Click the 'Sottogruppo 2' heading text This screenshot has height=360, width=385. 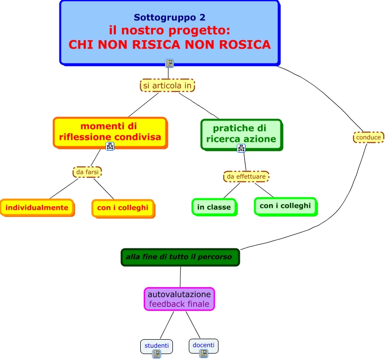click(169, 17)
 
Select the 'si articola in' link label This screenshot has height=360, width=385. click(167, 85)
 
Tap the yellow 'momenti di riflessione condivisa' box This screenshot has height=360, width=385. click(110, 133)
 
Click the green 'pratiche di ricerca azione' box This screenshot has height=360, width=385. click(242, 135)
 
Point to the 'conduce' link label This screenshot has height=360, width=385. click(368, 137)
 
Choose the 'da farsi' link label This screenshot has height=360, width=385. click(87, 172)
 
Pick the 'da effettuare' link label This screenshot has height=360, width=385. click(246, 177)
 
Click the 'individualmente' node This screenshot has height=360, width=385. click(37, 208)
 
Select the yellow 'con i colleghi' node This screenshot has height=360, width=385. click(123, 208)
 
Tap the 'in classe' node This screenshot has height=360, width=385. click(215, 207)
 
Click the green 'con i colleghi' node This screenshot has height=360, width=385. click(286, 207)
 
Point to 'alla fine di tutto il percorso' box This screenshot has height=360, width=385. click(180, 257)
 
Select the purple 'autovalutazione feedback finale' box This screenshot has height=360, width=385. click(179, 299)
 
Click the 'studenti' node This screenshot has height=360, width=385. click(157, 346)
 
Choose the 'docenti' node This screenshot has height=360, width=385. click(204, 346)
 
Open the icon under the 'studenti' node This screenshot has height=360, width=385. click(157, 354)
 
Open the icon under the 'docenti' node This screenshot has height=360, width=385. click(204, 354)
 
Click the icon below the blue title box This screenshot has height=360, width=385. click(169, 63)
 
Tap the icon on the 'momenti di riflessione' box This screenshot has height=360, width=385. click(110, 146)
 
